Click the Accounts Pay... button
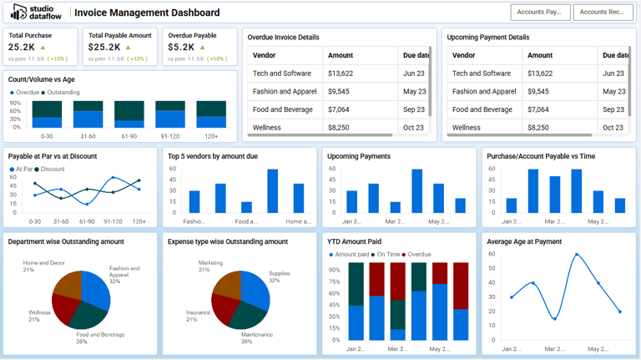[x=540, y=12]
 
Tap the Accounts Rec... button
[x=603, y=12]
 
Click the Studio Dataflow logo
[x=37, y=13]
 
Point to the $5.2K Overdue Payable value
[x=181, y=48]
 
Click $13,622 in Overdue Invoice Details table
[x=341, y=74]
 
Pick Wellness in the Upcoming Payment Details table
[x=467, y=128]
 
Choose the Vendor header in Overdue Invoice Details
[x=265, y=55]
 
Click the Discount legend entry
[x=52, y=170]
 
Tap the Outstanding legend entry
[x=63, y=92]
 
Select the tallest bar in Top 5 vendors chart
[x=272, y=191]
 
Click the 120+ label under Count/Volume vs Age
[x=211, y=136]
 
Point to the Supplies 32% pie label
[x=279, y=277]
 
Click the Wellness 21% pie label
[x=39, y=316]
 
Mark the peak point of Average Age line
[x=576, y=254]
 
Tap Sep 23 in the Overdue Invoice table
[x=414, y=109]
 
